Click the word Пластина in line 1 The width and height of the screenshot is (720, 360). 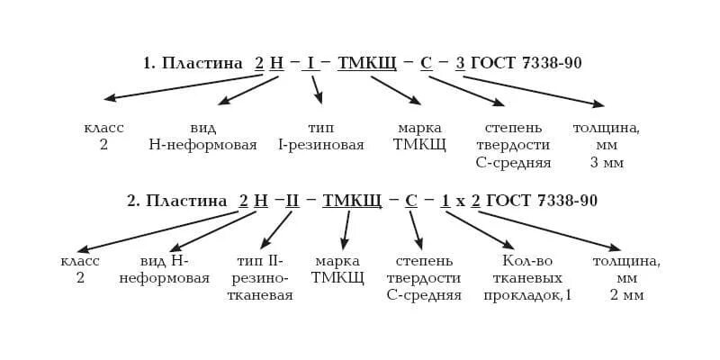[x=202, y=64]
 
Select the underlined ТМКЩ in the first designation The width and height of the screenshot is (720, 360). [x=366, y=64]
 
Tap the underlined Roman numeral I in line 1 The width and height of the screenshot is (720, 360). [x=310, y=64]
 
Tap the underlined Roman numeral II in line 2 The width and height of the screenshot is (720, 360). [x=292, y=202]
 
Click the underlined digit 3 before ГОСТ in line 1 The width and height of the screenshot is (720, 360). [x=460, y=64]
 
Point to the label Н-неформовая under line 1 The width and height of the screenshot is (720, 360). [x=202, y=145]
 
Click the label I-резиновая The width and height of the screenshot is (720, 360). [x=321, y=145]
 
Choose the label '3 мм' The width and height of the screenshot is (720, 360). [x=607, y=163]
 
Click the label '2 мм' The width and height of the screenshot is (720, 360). [x=626, y=295]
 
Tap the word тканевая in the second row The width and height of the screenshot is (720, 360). [x=260, y=295]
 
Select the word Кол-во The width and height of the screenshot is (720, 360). [x=527, y=261]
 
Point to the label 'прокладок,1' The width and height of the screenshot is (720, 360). [x=527, y=295]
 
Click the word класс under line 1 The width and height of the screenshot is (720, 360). [x=103, y=128]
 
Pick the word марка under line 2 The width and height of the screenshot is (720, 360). [x=337, y=261]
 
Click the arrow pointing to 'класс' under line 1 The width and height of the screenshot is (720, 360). [x=180, y=86]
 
